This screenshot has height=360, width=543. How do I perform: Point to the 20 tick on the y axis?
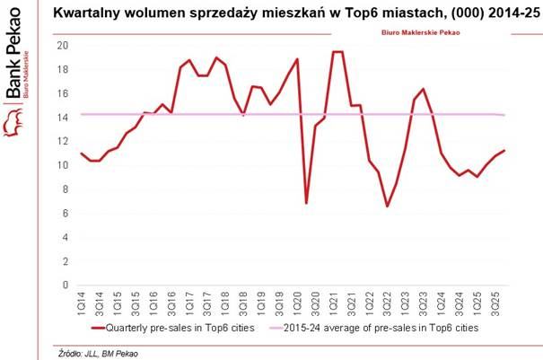(63, 46)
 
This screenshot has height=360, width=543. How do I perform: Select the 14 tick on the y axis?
(63, 118)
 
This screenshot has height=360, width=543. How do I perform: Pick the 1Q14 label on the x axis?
(82, 303)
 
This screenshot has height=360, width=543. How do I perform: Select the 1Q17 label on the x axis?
(189, 303)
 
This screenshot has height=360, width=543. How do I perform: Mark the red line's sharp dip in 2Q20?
(306, 203)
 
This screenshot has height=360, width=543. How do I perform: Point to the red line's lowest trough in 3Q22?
(387, 206)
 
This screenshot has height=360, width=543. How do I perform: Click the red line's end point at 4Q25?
(504, 150)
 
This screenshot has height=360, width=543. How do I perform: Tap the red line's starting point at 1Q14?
(82, 154)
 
